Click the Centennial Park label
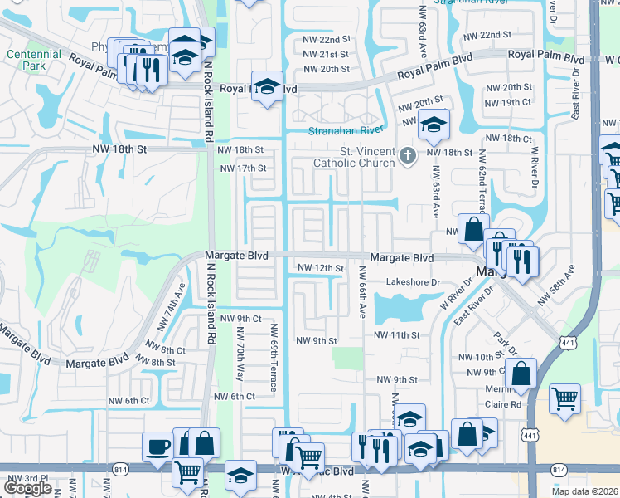(34, 60)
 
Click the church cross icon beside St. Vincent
(407, 155)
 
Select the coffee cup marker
(157, 447)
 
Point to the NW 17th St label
(243, 168)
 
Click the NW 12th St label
(320, 268)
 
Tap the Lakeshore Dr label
(413, 282)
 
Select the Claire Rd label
(504, 405)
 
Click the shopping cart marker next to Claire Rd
(564, 398)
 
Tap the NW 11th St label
(398, 334)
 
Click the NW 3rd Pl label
(22, 479)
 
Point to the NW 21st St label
(326, 54)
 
